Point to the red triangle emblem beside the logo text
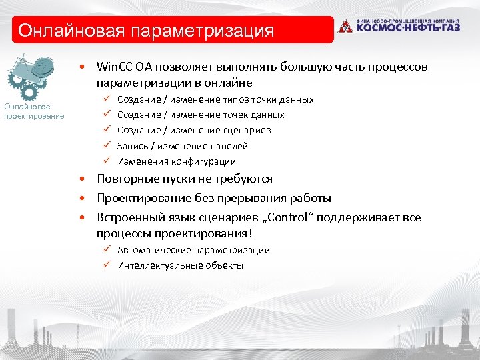tap(345, 27)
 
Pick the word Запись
tap(133, 146)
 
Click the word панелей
tap(228, 146)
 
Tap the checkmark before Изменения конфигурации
tap(106, 161)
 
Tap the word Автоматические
tap(153, 250)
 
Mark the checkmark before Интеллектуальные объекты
tap(106, 265)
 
